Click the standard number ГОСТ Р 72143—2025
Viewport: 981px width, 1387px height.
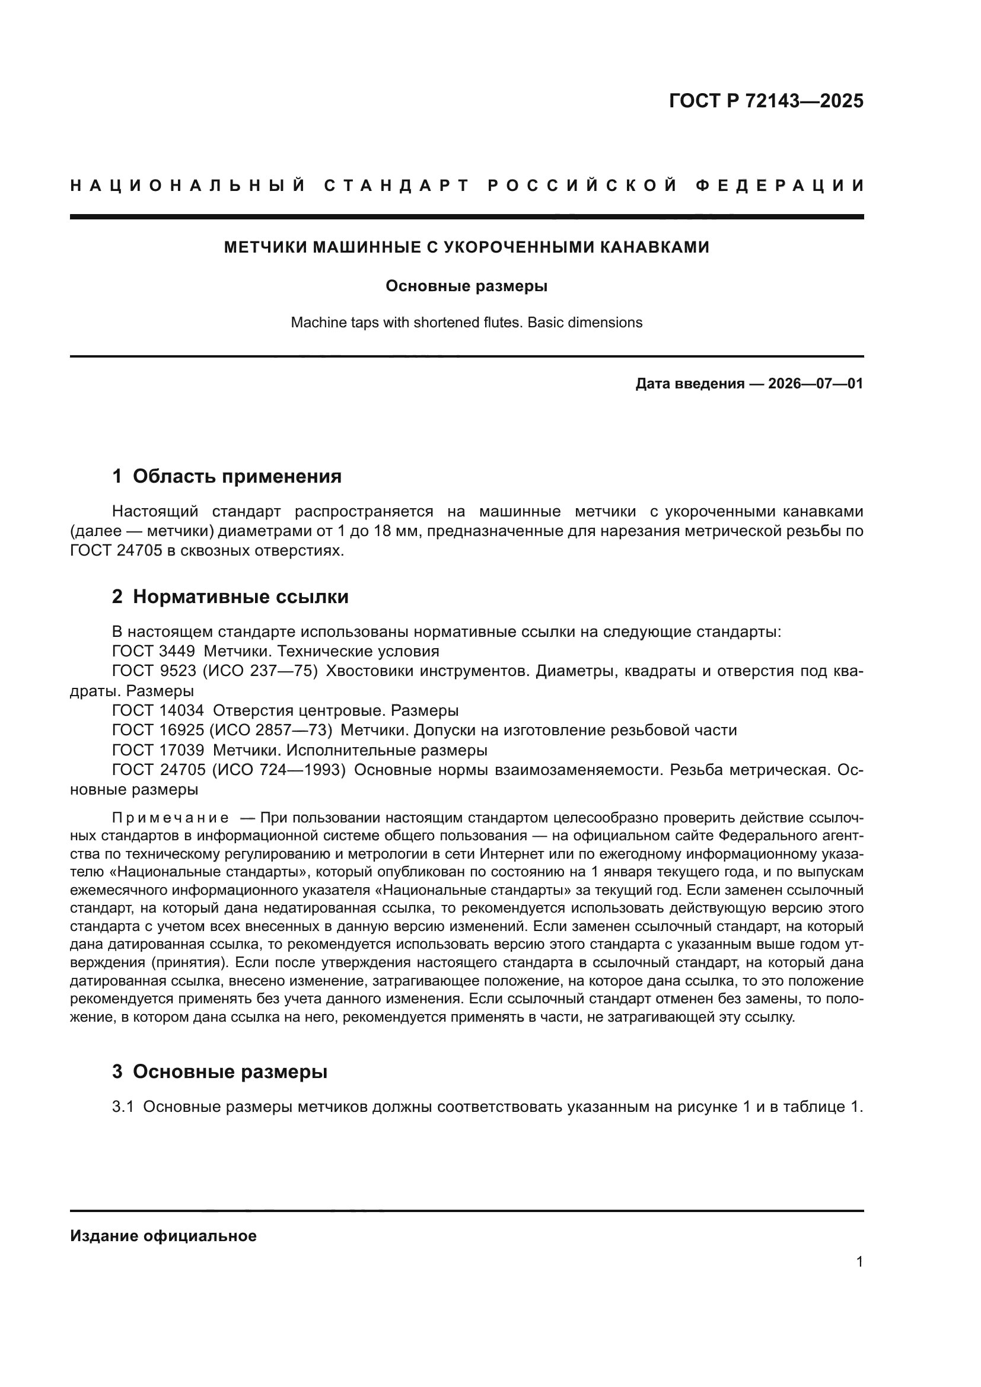766,100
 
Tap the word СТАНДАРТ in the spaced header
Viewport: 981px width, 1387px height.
396,186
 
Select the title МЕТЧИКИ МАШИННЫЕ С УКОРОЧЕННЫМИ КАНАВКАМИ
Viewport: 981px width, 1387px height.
466,247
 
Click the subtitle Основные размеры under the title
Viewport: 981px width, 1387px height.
466,286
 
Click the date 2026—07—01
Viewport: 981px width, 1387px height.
815,384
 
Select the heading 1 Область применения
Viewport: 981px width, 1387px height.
227,476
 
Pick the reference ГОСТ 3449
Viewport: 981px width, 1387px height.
154,651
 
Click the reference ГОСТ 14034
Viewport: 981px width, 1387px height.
158,710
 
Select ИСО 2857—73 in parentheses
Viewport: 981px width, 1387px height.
270,731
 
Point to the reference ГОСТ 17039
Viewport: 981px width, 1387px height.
158,750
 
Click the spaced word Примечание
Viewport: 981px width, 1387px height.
170,818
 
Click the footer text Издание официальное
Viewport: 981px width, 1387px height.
163,1236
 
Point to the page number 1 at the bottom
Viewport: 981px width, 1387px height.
859,1261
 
